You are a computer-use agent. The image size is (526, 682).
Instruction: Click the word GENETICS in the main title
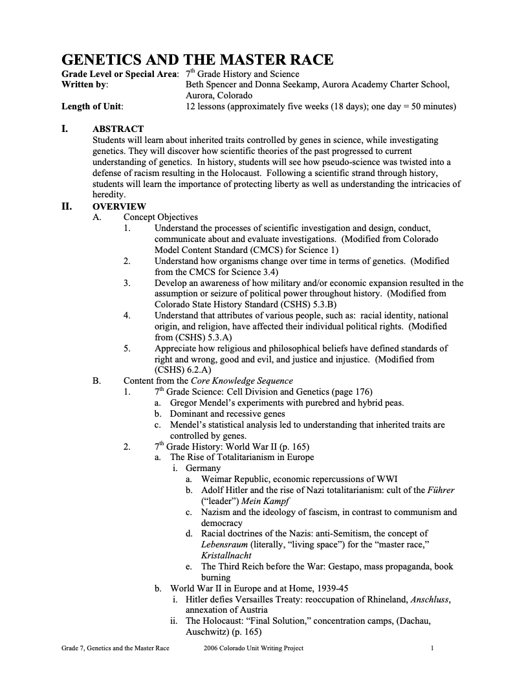coord(105,60)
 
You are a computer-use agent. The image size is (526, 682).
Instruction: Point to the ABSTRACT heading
coord(118,129)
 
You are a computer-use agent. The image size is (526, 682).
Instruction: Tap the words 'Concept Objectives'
coord(160,217)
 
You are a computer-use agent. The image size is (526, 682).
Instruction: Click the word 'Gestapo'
coord(336,566)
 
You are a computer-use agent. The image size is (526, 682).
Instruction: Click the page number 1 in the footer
coord(432,648)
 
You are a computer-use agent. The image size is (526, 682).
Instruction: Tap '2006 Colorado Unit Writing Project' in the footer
coord(253,648)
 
